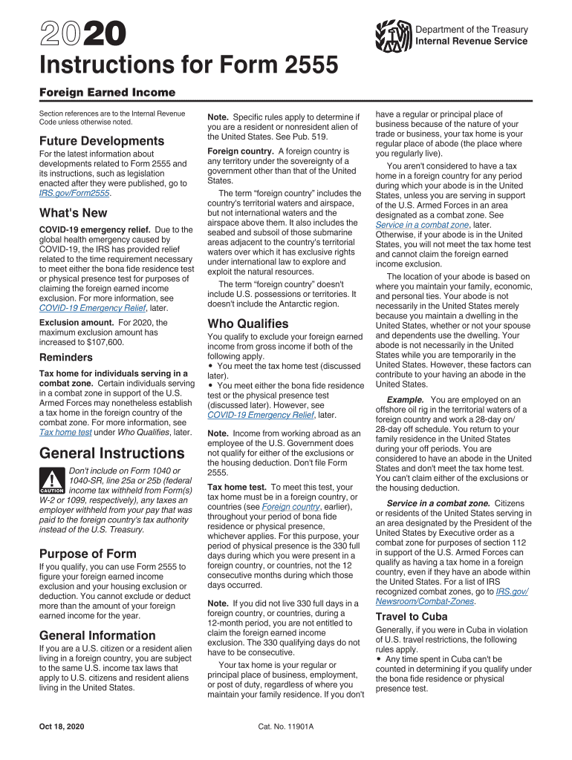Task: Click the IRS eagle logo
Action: [x=393, y=36]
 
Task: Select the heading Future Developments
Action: [x=91, y=141]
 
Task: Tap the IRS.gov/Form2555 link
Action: [x=74, y=193]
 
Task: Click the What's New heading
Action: [x=73, y=213]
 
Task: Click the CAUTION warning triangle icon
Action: [x=52, y=479]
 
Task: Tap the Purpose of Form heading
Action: [x=88, y=554]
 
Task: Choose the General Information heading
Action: [x=97, y=635]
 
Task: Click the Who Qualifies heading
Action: [x=248, y=324]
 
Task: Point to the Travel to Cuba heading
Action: [x=412, y=617]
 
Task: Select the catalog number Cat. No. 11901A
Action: [x=286, y=726]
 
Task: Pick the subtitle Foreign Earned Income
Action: [x=107, y=93]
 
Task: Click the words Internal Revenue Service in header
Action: [x=472, y=42]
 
